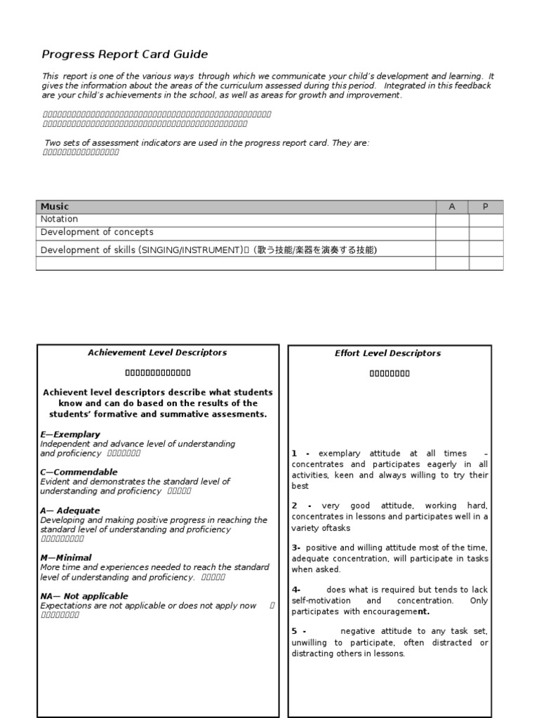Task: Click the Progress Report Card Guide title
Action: click(x=125, y=54)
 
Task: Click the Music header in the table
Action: click(x=55, y=206)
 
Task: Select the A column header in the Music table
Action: click(x=452, y=206)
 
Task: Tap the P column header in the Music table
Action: click(x=486, y=206)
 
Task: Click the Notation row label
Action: click(x=59, y=219)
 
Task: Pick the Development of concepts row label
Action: click(x=97, y=232)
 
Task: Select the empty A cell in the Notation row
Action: click(x=452, y=219)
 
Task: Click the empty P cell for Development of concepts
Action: click(x=486, y=232)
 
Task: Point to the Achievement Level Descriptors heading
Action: click(x=157, y=353)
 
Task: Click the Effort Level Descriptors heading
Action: click(x=388, y=353)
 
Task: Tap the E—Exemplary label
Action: click(x=70, y=434)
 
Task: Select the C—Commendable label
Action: click(x=79, y=472)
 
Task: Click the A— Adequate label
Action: click(x=70, y=510)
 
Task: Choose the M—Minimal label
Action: click(x=66, y=557)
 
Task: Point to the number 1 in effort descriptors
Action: click(x=295, y=454)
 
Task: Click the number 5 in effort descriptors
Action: click(x=295, y=631)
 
